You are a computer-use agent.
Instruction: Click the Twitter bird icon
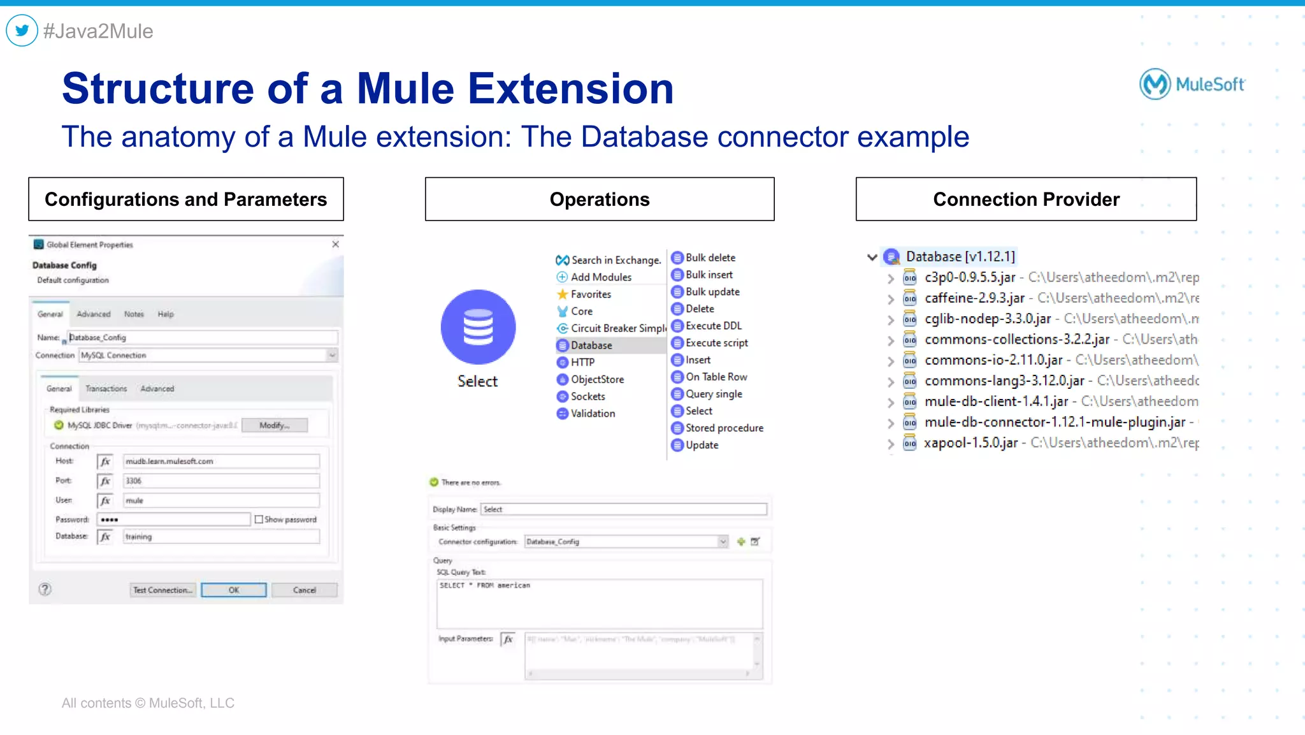coord(22,31)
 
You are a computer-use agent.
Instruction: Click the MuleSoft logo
coord(1192,84)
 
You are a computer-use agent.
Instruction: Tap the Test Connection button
coord(162,590)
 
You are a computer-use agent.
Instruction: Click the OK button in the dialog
coord(234,590)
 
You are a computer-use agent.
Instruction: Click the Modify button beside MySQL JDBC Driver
coord(275,425)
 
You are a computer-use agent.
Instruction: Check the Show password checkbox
coord(259,520)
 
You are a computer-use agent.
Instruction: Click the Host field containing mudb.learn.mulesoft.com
coord(220,461)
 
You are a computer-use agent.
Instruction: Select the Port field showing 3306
coord(220,481)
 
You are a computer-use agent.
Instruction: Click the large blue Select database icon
coord(478,327)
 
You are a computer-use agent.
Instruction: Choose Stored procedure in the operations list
coord(724,428)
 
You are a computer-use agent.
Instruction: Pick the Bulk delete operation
coord(710,258)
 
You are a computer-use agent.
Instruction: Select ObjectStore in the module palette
coord(597,379)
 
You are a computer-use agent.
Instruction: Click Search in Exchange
coord(616,260)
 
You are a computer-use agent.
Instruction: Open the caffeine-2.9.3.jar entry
coord(974,298)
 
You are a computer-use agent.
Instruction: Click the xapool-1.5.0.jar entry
coord(970,443)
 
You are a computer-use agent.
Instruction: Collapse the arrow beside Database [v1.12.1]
coord(872,257)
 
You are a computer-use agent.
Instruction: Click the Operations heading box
coord(600,200)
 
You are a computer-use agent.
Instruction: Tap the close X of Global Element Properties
coord(336,244)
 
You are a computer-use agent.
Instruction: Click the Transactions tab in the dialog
coord(106,389)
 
